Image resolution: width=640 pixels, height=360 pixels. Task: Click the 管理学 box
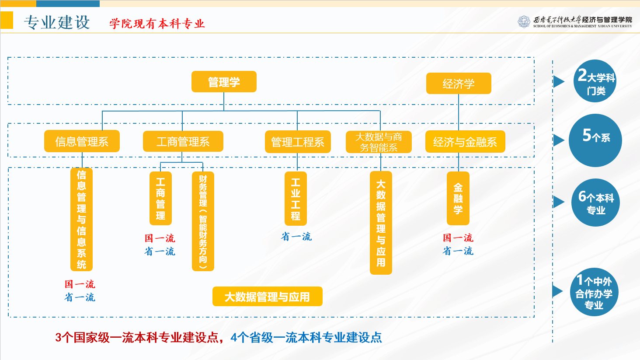tap(224, 82)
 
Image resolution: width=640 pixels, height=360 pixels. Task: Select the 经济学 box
tap(459, 84)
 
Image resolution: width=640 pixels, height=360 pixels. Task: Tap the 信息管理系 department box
tap(82, 141)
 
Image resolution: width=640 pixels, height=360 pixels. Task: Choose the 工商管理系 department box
tap(183, 141)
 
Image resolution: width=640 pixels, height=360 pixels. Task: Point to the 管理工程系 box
tap(298, 142)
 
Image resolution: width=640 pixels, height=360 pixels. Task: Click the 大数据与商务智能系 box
tap(379, 142)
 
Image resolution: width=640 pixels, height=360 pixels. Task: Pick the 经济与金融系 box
tap(465, 142)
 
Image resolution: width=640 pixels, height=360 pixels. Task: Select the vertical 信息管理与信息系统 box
tap(82, 219)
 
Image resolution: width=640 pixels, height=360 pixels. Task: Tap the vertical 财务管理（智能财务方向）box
tap(203, 221)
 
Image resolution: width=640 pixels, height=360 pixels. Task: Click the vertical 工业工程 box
tap(296, 199)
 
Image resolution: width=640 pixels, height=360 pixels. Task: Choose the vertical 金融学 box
tap(458, 198)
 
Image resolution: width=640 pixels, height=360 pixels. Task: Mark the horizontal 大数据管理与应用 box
tap(267, 297)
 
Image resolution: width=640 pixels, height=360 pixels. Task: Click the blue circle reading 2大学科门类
tap(595, 81)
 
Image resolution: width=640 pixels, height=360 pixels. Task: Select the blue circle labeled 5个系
tap(595, 140)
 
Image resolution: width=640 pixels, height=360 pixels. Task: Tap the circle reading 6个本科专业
tap(595, 203)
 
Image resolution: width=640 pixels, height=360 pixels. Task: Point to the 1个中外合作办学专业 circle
tap(594, 292)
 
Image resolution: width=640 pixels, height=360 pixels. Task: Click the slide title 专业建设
tap(57, 22)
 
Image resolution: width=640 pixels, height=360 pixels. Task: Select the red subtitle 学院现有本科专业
tap(157, 24)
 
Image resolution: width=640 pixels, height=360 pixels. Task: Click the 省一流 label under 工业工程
tap(296, 237)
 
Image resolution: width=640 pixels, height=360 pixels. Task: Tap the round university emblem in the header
tap(524, 21)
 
